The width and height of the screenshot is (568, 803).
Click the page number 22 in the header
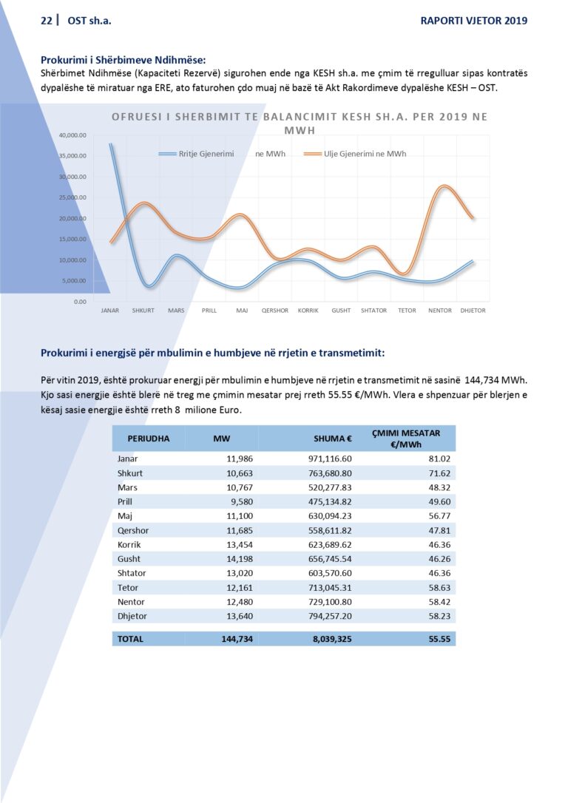[x=46, y=21]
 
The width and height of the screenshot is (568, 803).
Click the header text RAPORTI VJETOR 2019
[x=474, y=21]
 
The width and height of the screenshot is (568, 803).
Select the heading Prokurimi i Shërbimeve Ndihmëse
[x=124, y=59]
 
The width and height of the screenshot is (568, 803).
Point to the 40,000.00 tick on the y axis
[x=73, y=135]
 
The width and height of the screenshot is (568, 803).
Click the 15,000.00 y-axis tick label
[x=73, y=239]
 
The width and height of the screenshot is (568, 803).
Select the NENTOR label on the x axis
[x=440, y=311]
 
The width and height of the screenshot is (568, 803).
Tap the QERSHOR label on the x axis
[x=274, y=311]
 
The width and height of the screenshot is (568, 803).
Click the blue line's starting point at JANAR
[x=110, y=144]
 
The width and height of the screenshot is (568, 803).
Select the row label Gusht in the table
[x=129, y=559]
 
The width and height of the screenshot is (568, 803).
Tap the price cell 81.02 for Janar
[x=439, y=459]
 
